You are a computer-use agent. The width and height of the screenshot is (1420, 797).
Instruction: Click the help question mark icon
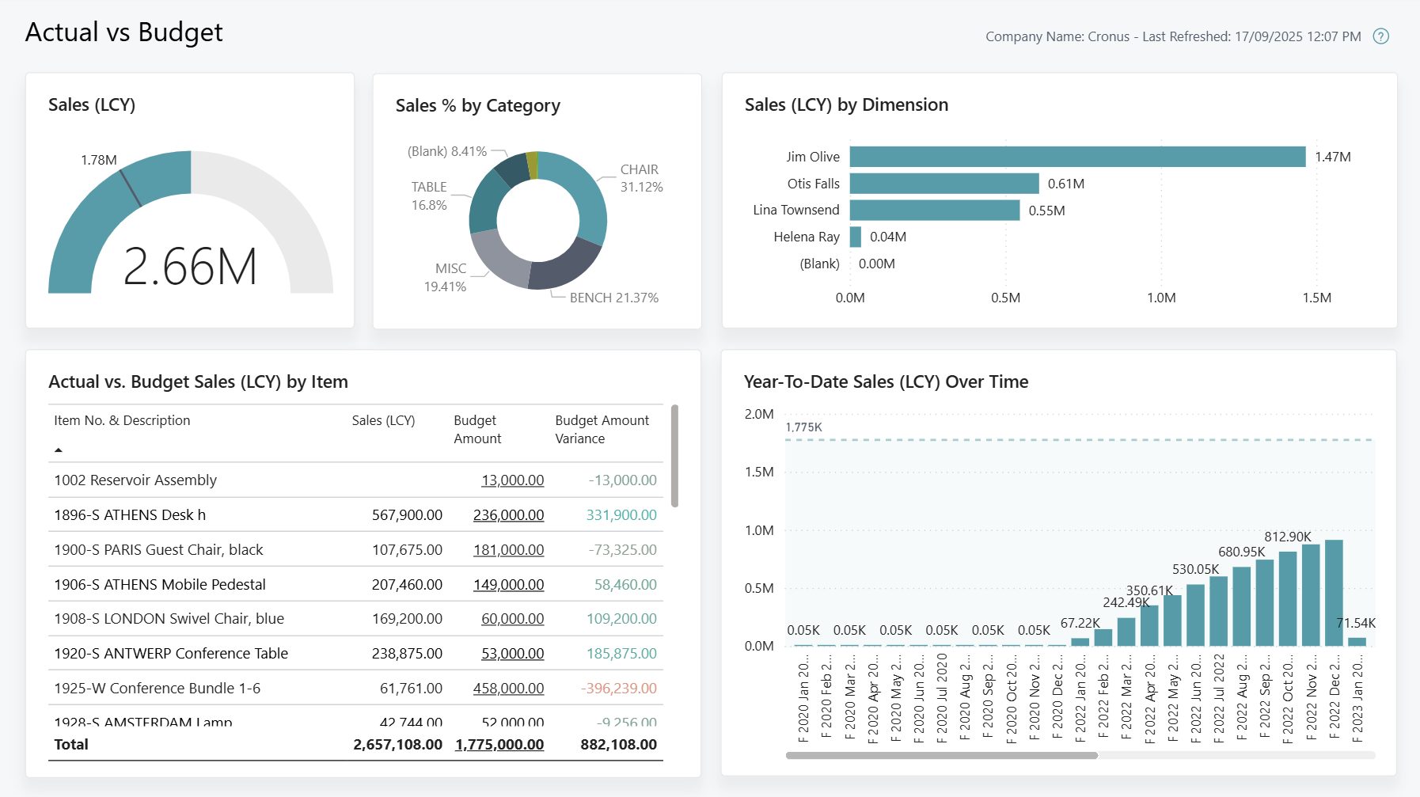(1380, 36)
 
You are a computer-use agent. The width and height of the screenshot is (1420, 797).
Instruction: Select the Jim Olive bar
(1076, 157)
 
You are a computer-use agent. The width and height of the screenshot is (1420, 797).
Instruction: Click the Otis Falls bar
(944, 184)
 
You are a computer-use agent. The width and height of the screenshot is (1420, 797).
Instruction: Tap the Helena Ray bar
(855, 237)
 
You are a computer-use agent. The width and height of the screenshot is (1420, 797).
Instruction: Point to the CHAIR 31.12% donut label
(641, 178)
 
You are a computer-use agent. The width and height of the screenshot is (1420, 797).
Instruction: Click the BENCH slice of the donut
(567, 266)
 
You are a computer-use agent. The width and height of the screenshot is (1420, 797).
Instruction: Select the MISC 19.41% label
(446, 277)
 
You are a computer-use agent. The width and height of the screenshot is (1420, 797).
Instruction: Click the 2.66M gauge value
(190, 267)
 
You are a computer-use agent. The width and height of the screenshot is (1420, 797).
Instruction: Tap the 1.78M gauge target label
(99, 160)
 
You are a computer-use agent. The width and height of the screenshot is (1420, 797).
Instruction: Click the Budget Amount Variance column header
(602, 429)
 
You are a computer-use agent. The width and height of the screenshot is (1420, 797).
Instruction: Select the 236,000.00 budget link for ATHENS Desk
(508, 515)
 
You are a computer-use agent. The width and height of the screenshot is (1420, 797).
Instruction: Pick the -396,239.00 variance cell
(618, 689)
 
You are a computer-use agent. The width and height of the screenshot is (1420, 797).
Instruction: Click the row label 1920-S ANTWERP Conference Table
(171, 654)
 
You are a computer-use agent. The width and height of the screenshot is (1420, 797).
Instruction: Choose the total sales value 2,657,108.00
(397, 745)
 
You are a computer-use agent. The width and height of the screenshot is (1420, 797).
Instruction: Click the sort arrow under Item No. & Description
(58, 450)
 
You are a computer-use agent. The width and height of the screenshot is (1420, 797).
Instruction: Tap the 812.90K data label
(1287, 537)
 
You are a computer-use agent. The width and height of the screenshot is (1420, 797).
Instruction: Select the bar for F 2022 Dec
(1334, 594)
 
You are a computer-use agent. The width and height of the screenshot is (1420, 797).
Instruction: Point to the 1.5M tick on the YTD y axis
(758, 472)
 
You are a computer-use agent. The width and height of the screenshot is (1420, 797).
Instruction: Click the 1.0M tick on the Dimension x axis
(1161, 298)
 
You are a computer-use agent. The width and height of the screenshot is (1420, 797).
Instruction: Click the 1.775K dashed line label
(803, 427)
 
